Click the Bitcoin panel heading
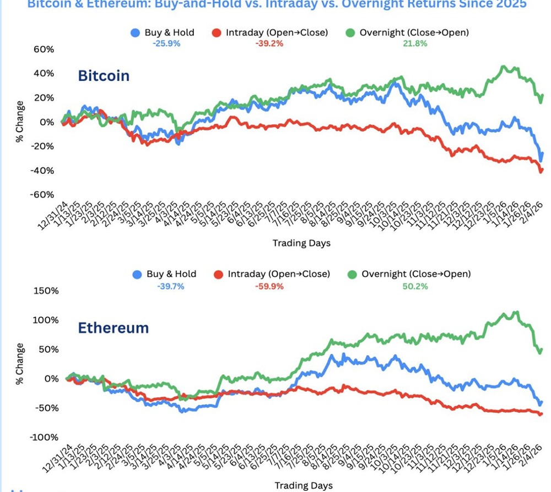(x=104, y=75)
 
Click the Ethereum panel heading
(x=113, y=328)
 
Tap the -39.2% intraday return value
(x=269, y=43)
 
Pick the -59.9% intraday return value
(x=271, y=286)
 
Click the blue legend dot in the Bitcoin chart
(x=135, y=33)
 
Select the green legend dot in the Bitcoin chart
(x=349, y=33)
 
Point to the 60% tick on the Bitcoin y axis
(x=43, y=50)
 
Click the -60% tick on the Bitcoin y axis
(x=41, y=195)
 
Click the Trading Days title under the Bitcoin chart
(x=301, y=243)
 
